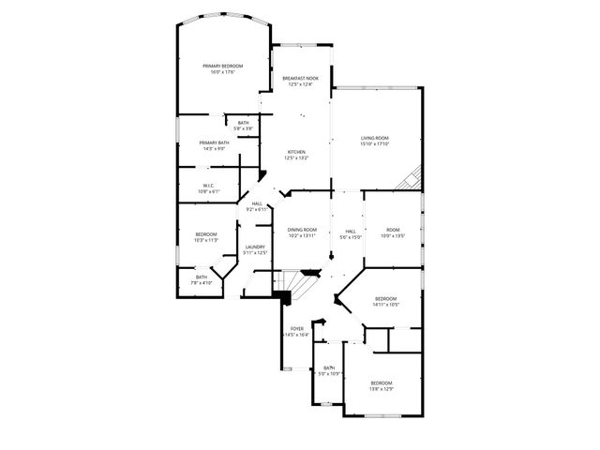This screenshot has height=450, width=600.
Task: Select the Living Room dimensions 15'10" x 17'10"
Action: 375,144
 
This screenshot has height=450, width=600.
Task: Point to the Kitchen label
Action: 296,152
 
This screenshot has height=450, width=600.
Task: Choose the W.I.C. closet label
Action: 210,186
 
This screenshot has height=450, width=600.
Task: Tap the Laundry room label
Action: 255,247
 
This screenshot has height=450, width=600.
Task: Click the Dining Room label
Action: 302,230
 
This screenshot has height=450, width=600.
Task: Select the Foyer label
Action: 297,329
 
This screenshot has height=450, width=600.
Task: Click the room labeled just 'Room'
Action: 393,230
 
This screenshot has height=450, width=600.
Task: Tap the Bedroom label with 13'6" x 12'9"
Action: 381,382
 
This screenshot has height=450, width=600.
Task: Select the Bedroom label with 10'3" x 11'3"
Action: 206,234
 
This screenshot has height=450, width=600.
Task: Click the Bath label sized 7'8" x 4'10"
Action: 202,277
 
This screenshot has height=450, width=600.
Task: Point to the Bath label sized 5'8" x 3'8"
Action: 243,123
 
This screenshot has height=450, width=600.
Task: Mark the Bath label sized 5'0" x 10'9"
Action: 329,367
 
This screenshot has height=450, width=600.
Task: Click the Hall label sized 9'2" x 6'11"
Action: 256,203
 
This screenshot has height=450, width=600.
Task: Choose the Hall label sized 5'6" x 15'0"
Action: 351,231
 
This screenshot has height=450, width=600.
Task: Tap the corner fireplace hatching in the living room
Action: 410,179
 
